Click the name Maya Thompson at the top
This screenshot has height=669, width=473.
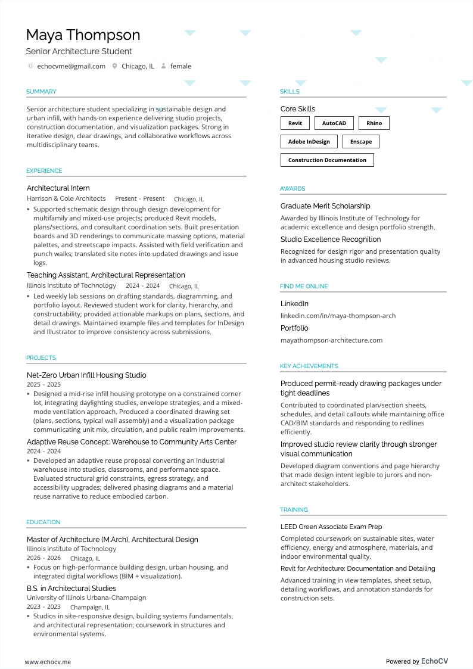(x=83, y=35)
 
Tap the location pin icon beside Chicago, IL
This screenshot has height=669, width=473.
(x=115, y=66)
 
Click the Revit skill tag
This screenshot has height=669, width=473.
(x=295, y=123)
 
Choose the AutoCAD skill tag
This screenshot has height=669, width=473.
(x=334, y=123)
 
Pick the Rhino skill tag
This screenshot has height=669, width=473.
(x=374, y=123)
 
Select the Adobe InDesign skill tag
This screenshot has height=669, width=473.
(x=309, y=142)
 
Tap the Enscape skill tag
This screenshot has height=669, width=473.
(x=361, y=142)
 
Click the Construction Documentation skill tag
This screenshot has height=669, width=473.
(x=327, y=160)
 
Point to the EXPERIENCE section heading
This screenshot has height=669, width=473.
(x=44, y=171)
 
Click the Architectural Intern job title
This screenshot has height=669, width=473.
(x=58, y=188)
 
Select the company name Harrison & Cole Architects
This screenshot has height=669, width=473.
(x=66, y=199)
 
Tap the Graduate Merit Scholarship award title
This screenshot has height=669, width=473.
(x=325, y=206)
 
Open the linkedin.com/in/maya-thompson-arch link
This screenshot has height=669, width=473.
(x=338, y=316)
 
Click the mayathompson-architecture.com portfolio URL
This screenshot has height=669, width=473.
(x=331, y=340)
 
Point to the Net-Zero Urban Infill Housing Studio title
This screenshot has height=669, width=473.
(x=86, y=375)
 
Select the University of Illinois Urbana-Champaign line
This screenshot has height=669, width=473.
(x=86, y=598)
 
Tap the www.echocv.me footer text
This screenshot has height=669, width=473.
(x=48, y=662)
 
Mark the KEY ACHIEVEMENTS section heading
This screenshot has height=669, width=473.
(x=309, y=366)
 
